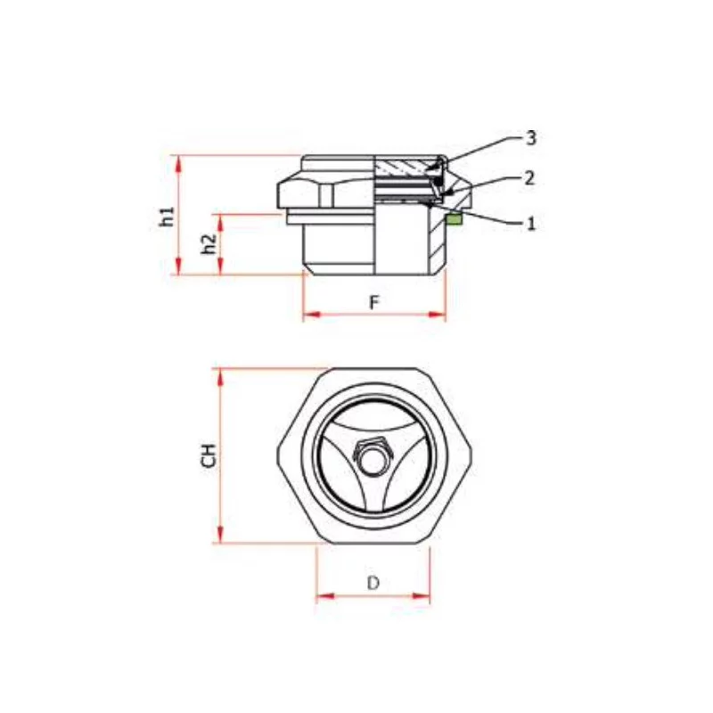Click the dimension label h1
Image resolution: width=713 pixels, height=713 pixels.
[168, 217]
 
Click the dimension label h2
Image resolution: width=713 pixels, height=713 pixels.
[209, 244]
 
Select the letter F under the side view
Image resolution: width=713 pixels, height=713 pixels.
[373, 302]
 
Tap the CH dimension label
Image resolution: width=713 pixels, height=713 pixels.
[209, 455]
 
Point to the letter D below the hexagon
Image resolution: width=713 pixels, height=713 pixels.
[373, 583]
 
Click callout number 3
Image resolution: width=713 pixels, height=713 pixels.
[530, 138]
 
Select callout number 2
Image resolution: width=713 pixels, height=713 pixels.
[529, 178]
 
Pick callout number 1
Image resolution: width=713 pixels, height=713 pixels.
[530, 224]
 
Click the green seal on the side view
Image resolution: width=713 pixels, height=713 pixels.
[455, 219]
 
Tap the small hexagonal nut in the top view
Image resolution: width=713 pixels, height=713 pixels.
[372, 457]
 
